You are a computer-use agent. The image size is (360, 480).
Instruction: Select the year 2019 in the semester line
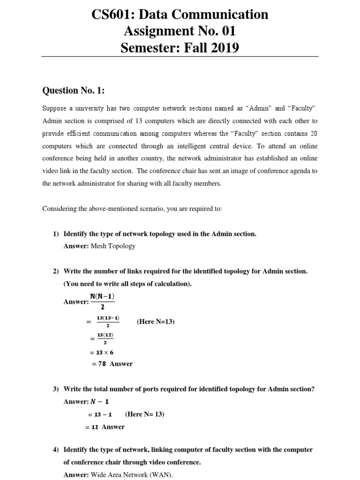(x=224, y=48)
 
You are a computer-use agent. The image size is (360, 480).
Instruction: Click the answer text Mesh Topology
(x=113, y=246)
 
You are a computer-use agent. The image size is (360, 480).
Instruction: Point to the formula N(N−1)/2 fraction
(x=102, y=301)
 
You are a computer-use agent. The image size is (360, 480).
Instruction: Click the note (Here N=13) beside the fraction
(x=156, y=322)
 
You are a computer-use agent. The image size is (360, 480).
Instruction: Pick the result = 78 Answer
(x=112, y=364)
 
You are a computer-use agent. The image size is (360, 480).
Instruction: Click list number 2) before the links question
(x=56, y=271)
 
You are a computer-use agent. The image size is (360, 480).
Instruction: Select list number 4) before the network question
(x=56, y=450)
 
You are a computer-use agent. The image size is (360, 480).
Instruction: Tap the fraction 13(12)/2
(x=105, y=338)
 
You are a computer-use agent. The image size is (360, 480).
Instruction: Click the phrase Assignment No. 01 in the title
(x=180, y=31)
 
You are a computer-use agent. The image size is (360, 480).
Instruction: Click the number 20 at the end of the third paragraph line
(x=314, y=133)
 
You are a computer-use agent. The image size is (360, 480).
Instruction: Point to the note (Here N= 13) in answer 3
(x=145, y=414)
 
